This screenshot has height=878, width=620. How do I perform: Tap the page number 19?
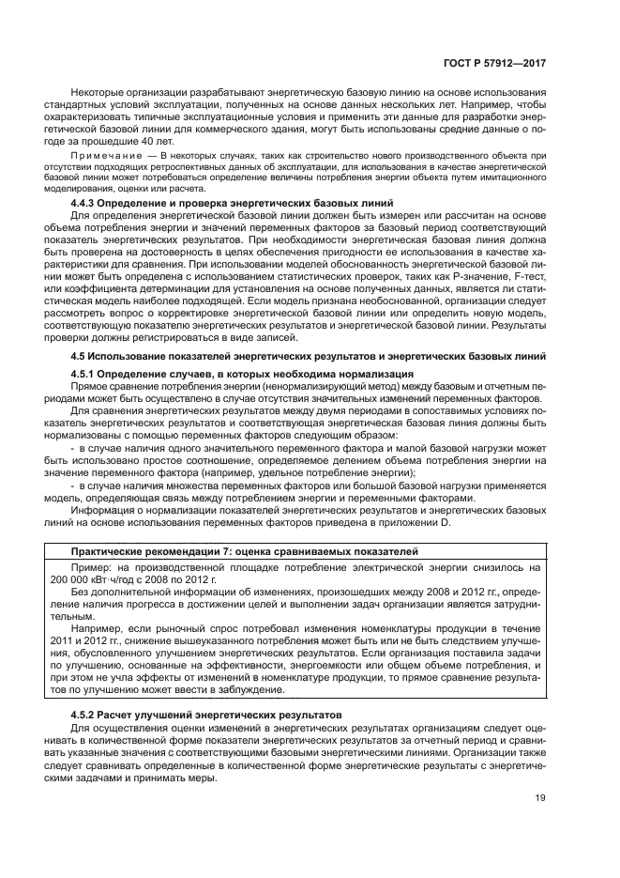pyautogui.click(x=540, y=798)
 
